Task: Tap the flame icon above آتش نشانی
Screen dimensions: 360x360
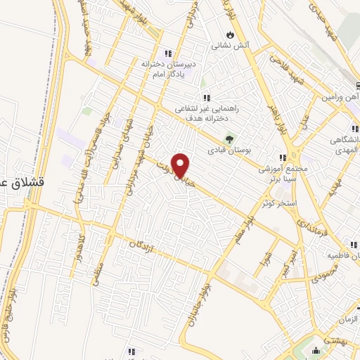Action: [230, 34]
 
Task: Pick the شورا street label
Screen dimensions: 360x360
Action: [267, 267]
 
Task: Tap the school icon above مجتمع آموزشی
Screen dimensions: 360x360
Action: [282, 158]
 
